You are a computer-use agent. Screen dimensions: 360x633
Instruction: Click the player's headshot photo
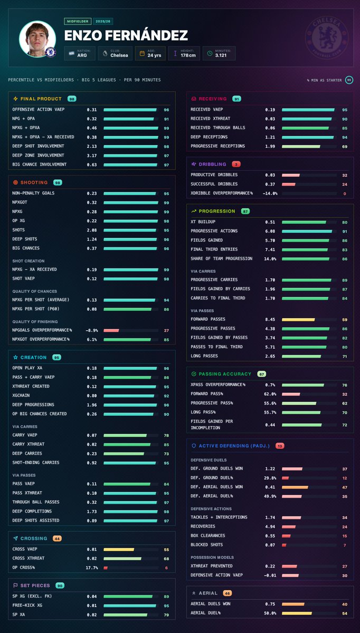pyautogui.click(x=37, y=39)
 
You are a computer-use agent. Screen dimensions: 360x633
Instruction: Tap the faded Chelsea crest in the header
pyautogui.click(x=327, y=37)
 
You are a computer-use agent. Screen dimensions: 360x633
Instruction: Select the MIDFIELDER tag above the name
pyautogui.click(x=78, y=21)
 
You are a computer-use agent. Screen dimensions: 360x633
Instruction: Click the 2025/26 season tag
pyautogui.click(x=103, y=21)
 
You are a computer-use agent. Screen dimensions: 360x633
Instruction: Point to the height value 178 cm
pyautogui.click(x=188, y=55)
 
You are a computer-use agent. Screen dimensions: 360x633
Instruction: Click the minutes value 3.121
pyautogui.click(x=221, y=55)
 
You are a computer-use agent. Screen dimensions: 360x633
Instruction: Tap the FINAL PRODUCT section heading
pyautogui.click(x=41, y=99)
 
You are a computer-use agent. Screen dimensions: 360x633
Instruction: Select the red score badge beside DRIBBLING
pyautogui.click(x=236, y=164)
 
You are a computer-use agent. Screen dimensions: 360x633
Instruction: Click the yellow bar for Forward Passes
pyautogui.click(x=298, y=320)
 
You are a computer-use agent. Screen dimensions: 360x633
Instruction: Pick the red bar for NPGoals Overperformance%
pyautogui.click(x=111, y=330)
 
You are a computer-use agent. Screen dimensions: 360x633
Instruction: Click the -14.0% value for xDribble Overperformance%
pyautogui.click(x=270, y=194)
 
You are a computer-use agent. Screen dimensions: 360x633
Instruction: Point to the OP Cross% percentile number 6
pyautogui.click(x=166, y=568)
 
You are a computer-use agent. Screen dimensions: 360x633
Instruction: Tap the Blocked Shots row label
pyautogui.click(x=207, y=544)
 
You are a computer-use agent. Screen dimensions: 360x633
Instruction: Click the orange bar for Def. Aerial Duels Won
pyautogui.click(x=295, y=487)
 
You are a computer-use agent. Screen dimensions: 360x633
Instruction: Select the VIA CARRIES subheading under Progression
pyautogui.click(x=203, y=271)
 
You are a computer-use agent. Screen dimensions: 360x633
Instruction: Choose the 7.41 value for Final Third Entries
pyautogui.click(x=270, y=250)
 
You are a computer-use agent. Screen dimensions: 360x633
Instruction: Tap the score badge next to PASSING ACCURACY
pyautogui.click(x=262, y=374)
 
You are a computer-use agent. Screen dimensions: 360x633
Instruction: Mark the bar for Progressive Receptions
pyautogui.click(x=301, y=147)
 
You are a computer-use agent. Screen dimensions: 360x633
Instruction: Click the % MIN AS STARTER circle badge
pyautogui.click(x=349, y=80)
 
